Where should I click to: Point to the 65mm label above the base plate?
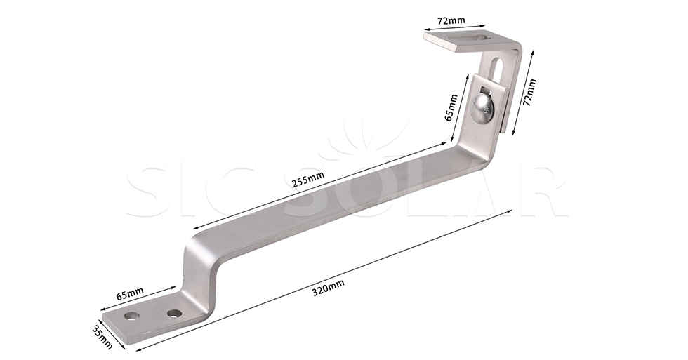point(130,293)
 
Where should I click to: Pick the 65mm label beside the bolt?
point(451,108)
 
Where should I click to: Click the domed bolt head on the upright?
point(482,107)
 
